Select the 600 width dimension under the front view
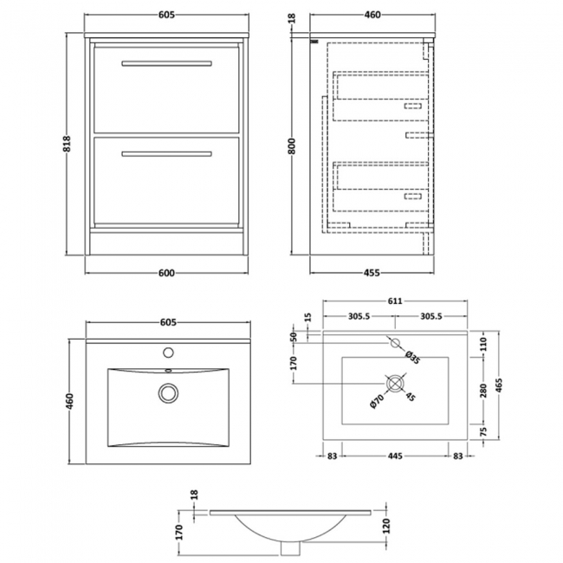(167, 275)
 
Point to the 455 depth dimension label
(370, 275)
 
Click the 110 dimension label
(482, 344)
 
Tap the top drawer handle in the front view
(167, 62)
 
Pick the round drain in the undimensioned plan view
(167, 392)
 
